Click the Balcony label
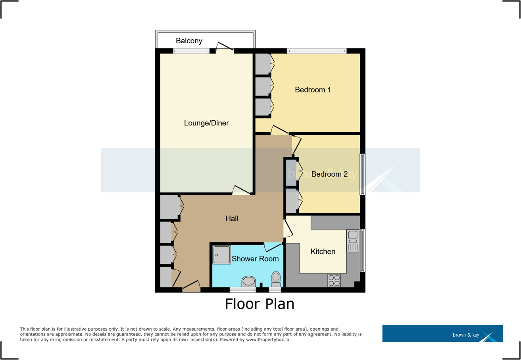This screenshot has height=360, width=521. point(189,41)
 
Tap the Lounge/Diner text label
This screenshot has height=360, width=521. point(206,123)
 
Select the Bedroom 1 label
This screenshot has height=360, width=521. point(313,90)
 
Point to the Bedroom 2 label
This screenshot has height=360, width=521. point(329,174)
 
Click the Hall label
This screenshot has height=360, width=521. point(232,218)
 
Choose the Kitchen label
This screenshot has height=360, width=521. point(323,251)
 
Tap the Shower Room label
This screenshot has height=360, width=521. point(255,259)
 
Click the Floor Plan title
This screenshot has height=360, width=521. point(260,304)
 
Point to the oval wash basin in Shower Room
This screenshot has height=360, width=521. point(249,281)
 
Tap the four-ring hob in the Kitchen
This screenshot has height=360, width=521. point(334,281)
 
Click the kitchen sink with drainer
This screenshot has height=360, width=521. point(352,241)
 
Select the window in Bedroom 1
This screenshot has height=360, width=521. point(317,50)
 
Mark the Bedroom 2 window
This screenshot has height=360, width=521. point(362,174)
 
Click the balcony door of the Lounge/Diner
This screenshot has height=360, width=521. point(225,48)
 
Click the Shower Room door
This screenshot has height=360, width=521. point(273,246)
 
